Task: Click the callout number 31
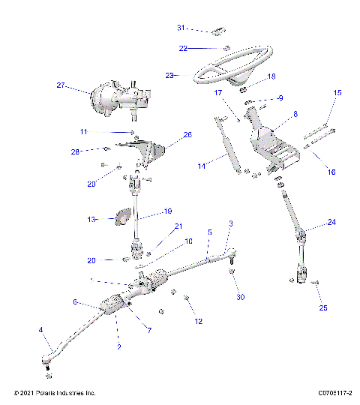pos(181,28)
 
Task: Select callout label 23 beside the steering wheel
pos(169,75)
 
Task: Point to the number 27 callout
pos(61,85)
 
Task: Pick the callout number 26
pos(187,136)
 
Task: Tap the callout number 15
pos(337,92)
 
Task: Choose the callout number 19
pos(168,211)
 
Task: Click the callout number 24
pos(332,223)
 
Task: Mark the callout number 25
pos(323,307)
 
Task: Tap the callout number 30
pos(240,298)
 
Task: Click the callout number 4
pos(40,329)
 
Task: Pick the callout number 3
pos(231,224)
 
